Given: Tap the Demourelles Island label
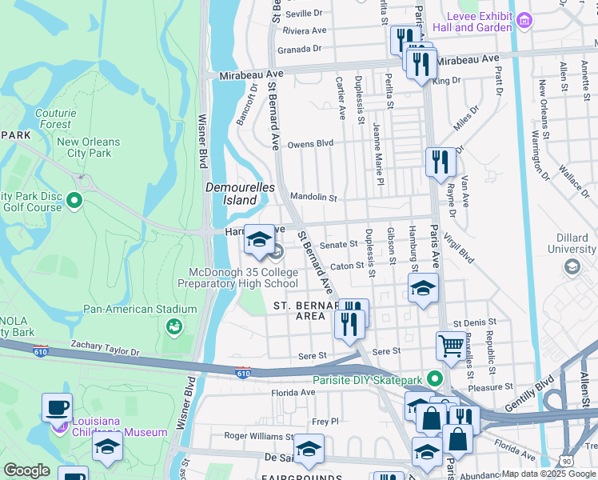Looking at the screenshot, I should (x=240, y=194).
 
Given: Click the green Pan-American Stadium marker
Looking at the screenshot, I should (x=172, y=326).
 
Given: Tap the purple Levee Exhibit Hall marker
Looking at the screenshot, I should (x=524, y=19).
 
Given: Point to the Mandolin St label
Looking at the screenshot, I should (x=313, y=197).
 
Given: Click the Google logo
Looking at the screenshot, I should (x=26, y=470).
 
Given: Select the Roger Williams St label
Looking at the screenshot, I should (x=258, y=437).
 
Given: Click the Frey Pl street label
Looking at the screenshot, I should (x=325, y=421).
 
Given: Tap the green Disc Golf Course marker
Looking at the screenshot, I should (x=74, y=200).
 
